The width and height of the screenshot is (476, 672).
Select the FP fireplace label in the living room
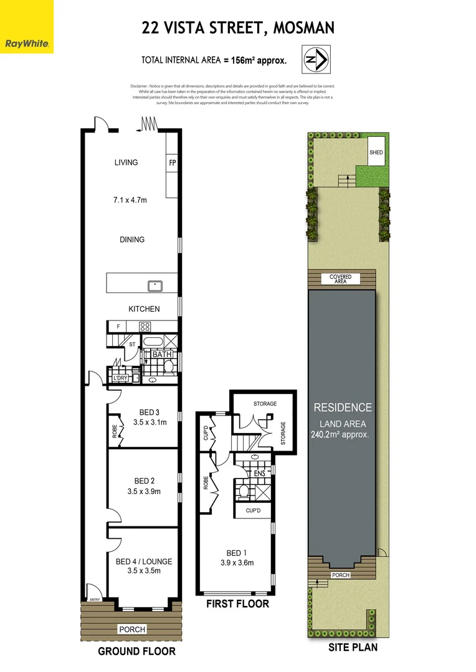coord(173,163)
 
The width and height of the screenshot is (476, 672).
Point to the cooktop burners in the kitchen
coord(145,326)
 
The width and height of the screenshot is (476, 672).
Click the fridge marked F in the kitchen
coord(117,326)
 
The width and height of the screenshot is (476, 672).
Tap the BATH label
coord(162,355)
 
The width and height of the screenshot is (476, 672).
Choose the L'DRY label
coord(120,377)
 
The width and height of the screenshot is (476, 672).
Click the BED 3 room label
coord(147,411)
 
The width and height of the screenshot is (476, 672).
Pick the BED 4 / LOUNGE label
coord(144,561)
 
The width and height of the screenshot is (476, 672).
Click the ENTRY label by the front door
coord(95,600)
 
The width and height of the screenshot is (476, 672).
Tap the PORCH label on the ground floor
coord(132,629)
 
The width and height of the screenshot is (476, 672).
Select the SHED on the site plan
coord(376,152)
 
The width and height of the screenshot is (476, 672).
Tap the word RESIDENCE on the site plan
coord(342,408)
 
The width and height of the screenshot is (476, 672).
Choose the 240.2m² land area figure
coord(340,435)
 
